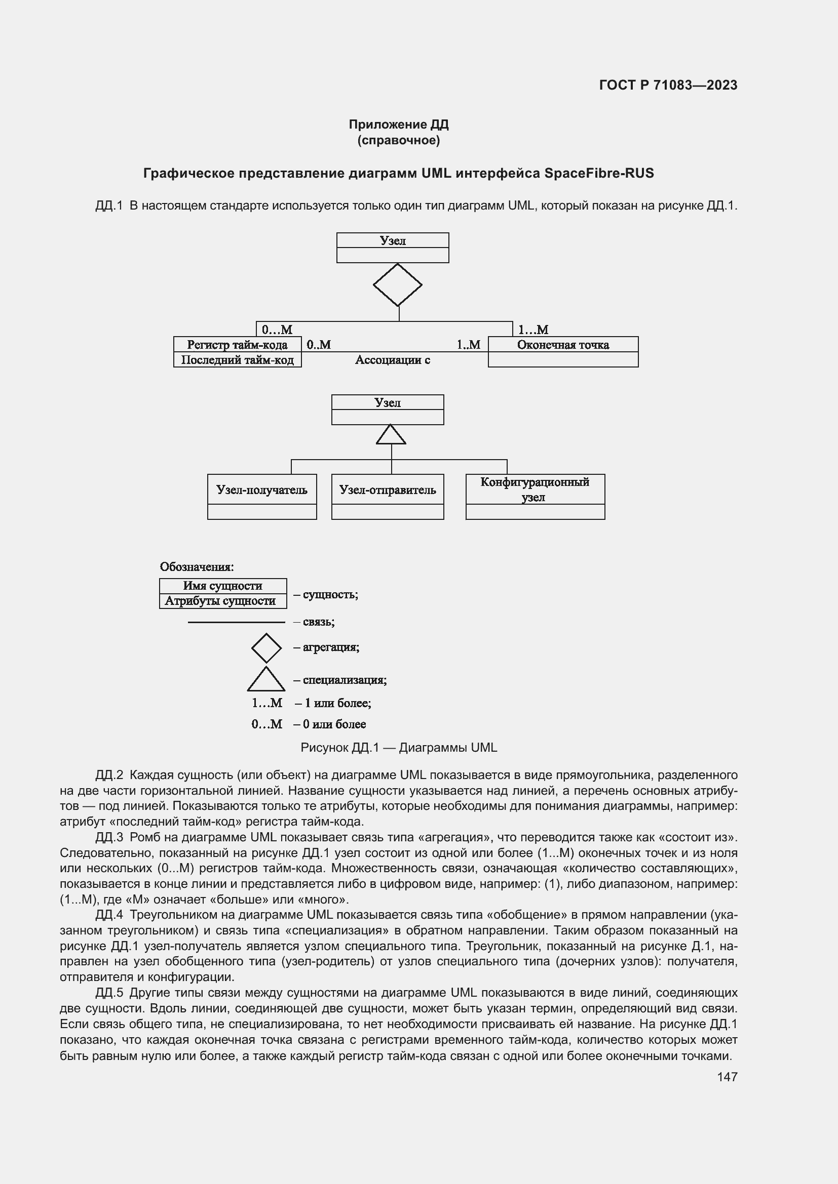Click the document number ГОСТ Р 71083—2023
pyautogui.click(x=668, y=85)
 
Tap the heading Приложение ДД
pyautogui.click(x=398, y=125)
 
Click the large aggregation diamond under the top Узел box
pyautogui.click(x=397, y=284)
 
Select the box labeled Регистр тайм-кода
pyautogui.click(x=237, y=345)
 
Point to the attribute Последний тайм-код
pyautogui.click(x=237, y=360)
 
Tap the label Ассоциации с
pyautogui.click(x=392, y=360)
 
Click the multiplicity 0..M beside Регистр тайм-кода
pyautogui.click(x=318, y=345)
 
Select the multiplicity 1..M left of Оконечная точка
pyautogui.click(x=468, y=345)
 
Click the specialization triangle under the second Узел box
pyautogui.click(x=391, y=435)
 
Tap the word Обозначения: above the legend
pyautogui.click(x=197, y=567)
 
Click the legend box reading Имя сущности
pyautogui.click(x=222, y=586)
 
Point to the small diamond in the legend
pyautogui.click(x=266, y=648)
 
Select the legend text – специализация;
pyautogui.click(x=340, y=680)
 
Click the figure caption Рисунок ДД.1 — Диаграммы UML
pyautogui.click(x=398, y=747)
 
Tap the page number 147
pyautogui.click(x=727, y=1077)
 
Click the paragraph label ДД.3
pyautogui.click(x=109, y=837)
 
